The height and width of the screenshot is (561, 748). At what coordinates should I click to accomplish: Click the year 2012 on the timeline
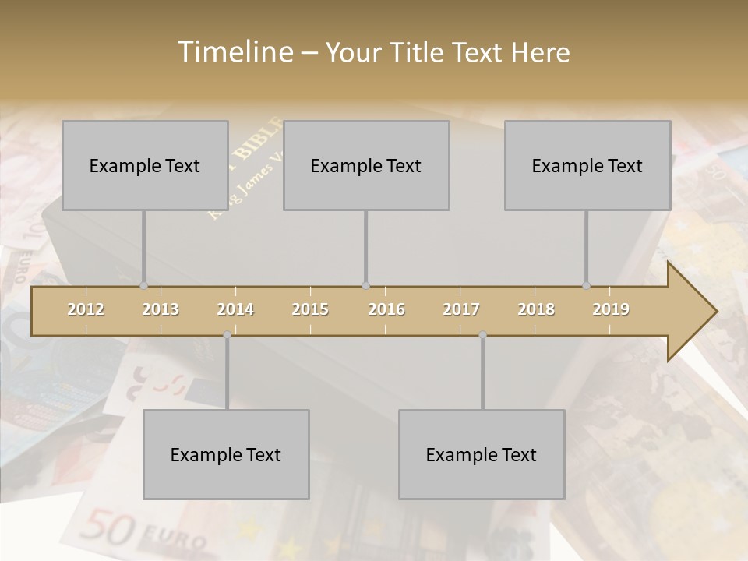(86, 309)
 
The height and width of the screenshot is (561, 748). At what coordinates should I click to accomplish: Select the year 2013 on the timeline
(161, 309)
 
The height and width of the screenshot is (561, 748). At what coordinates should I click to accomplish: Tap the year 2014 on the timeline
(235, 309)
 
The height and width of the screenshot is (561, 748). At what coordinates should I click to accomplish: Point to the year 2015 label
(310, 309)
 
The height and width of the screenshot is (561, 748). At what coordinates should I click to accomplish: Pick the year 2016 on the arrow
(386, 309)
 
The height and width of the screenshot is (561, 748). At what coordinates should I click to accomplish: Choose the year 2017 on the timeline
(461, 309)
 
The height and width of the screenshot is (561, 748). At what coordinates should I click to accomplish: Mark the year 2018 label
(536, 309)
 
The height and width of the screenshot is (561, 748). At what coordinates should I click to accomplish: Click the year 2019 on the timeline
(611, 309)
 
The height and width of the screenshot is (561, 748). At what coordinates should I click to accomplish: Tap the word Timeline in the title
(233, 52)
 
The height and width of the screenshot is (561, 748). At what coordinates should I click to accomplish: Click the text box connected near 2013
(145, 165)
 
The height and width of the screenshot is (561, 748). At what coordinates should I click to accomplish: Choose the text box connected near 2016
(366, 165)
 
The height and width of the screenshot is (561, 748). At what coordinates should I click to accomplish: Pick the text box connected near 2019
(587, 165)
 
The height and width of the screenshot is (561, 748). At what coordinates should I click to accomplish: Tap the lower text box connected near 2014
(226, 454)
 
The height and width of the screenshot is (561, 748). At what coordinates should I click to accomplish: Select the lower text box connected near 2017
(482, 454)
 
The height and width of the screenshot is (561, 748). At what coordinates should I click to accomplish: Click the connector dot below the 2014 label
(227, 334)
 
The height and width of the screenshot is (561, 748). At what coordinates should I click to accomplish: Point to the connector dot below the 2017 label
(482, 334)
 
